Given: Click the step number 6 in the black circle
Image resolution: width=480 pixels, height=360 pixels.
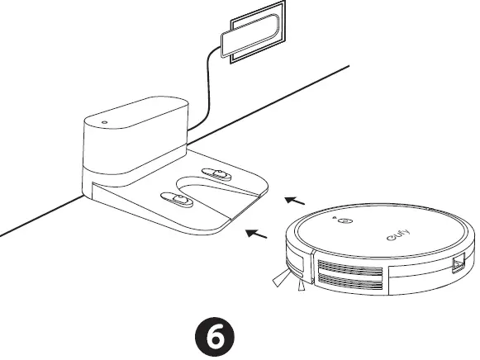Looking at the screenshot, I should (216, 337).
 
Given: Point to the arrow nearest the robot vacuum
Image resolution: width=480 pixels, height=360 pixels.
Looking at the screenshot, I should (295, 199).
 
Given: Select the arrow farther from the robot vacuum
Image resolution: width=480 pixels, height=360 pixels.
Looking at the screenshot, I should (259, 234).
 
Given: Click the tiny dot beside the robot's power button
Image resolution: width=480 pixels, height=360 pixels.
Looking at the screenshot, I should (335, 218).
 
